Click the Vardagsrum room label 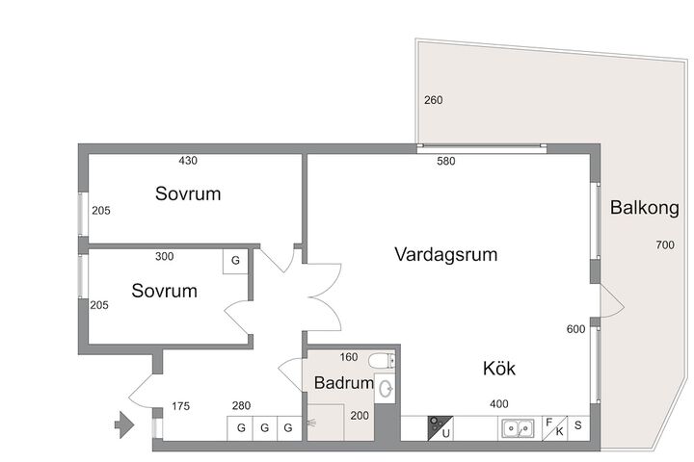tap(445, 254)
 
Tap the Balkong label tap(645, 208)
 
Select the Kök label tap(499, 369)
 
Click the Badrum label tap(344, 383)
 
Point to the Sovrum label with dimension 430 tap(188, 193)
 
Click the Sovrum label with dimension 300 tap(164, 291)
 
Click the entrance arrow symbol tap(124, 424)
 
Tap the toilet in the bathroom tap(382, 361)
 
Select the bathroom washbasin tap(385, 389)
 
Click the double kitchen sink tap(518, 428)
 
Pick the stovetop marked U tap(440, 428)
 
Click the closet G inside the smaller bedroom tap(235, 261)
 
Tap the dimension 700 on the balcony tap(665, 244)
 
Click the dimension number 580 tap(445, 161)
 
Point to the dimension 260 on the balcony tap(434, 100)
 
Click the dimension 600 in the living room tap(575, 329)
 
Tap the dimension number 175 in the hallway tap(180, 406)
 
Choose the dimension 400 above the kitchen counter tap(499, 403)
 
